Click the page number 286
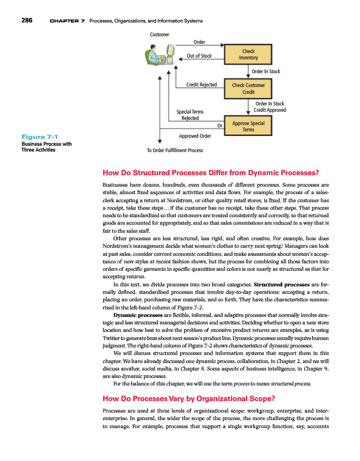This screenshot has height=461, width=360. [27, 21]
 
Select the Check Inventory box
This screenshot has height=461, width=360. [248, 55]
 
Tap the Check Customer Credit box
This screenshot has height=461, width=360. [248, 88]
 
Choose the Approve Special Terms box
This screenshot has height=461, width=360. [248, 126]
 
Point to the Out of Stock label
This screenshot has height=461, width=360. [199, 56]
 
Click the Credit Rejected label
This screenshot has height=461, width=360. [201, 85]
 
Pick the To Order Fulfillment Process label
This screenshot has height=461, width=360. [175, 151]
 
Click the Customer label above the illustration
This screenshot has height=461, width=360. [160, 35]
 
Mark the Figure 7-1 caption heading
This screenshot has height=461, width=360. [36, 136]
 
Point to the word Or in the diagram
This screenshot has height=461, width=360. [219, 124]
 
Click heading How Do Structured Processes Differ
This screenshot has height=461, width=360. [210, 172]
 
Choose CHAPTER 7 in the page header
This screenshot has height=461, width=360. [68, 21]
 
